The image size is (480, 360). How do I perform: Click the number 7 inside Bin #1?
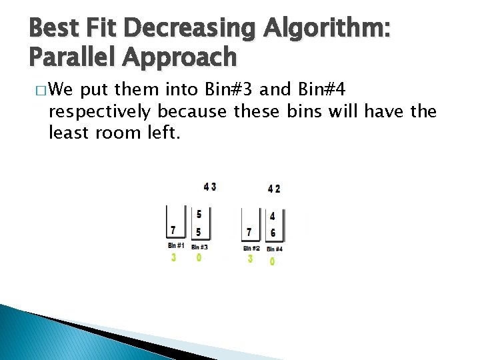click(x=173, y=230)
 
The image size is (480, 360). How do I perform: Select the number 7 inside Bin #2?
click(x=249, y=232)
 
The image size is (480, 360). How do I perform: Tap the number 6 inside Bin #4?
click(x=273, y=233)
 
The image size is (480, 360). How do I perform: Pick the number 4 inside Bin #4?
click(x=272, y=216)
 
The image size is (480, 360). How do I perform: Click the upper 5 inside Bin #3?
click(x=199, y=215)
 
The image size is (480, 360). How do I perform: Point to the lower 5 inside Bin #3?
click(x=199, y=232)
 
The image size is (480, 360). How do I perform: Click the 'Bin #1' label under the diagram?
click(x=175, y=246)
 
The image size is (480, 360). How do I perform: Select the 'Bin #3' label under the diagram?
click(x=199, y=247)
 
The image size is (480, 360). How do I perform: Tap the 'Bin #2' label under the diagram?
click(x=251, y=248)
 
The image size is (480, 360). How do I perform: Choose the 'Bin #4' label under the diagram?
click(x=274, y=249)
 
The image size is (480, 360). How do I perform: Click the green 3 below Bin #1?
click(x=173, y=257)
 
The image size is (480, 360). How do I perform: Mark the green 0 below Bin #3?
click(x=199, y=257)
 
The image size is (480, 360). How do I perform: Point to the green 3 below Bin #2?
click(x=250, y=259)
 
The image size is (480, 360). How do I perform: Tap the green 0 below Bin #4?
click(x=272, y=262)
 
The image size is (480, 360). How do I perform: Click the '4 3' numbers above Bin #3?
click(x=209, y=187)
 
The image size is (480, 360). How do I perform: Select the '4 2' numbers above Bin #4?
click(x=274, y=189)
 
